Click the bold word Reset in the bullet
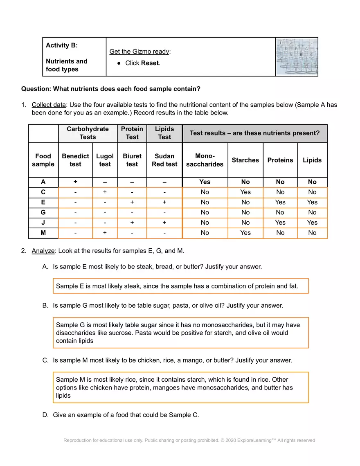click(150, 63)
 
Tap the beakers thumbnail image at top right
click(297, 57)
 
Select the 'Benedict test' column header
click(75, 160)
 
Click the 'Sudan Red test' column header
click(164, 160)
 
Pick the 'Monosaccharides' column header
click(205, 160)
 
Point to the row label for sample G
click(43, 212)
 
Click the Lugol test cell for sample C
click(105, 192)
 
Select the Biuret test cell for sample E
click(132, 202)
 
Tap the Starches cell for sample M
click(245, 233)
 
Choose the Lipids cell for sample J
click(312, 223)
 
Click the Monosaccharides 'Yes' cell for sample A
click(205, 182)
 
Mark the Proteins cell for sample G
click(280, 212)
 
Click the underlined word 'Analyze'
click(43, 251)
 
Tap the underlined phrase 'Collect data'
click(48, 105)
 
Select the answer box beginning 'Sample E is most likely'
click(180, 286)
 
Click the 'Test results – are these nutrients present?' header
click(254, 133)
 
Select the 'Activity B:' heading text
click(62, 45)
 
